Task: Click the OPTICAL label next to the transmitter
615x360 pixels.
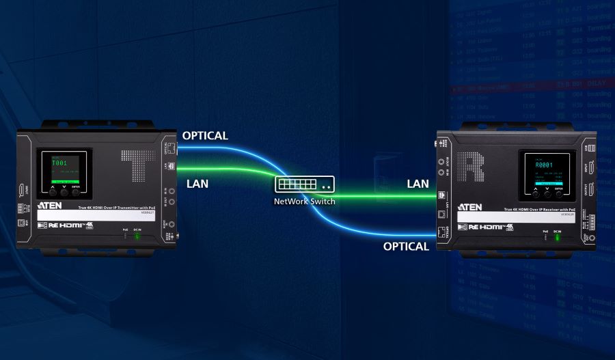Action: tap(205, 135)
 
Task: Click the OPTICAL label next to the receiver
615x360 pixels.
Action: tap(406, 246)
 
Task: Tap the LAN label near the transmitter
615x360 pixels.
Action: tap(197, 184)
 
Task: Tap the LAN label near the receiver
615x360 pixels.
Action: tap(418, 184)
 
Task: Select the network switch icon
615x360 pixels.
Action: tap(305, 184)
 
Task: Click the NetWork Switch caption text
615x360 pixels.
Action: tap(305, 202)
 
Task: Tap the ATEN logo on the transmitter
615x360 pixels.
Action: tap(52, 204)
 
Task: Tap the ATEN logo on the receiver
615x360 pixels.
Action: tap(470, 207)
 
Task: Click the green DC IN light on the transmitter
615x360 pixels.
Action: tap(137, 236)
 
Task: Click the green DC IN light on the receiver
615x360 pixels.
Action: tap(558, 238)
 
